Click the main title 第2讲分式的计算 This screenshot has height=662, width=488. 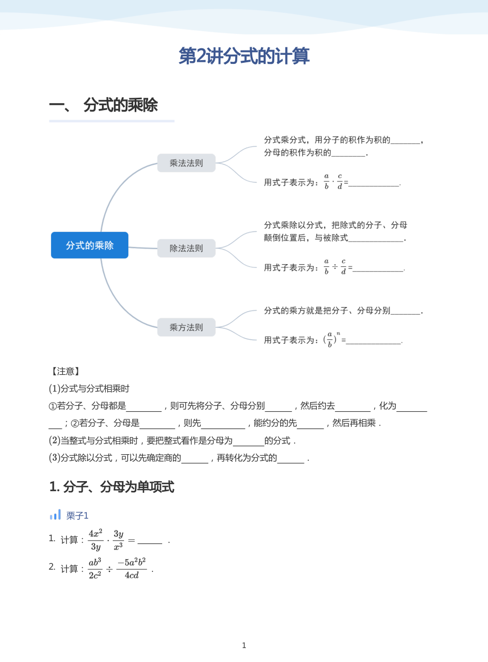pos(244,56)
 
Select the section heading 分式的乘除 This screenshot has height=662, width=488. pos(121,105)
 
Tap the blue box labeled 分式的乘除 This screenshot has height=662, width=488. pos(90,245)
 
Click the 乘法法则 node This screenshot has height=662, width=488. pos(186,163)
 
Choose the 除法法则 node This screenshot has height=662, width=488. pos(186,248)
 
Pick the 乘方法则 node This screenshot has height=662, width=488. pos(186,327)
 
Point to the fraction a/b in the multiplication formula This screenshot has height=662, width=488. pos(326,181)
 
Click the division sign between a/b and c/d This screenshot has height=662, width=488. pos(335,267)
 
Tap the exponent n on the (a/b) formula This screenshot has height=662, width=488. pos(338,333)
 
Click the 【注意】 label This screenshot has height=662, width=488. pos(65,371)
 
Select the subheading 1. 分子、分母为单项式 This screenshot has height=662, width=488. pos(112,487)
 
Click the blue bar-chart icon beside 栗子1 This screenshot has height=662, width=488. pos(55,514)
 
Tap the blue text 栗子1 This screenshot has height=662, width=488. pos(77,516)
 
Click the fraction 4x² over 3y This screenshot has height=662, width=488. pos(96,540)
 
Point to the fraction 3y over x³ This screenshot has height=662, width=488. pos(119,540)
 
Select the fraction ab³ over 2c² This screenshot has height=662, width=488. pos(95,569)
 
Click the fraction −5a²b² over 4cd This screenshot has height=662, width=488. pos(132,569)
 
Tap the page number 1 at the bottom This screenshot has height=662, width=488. pos(244,645)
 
